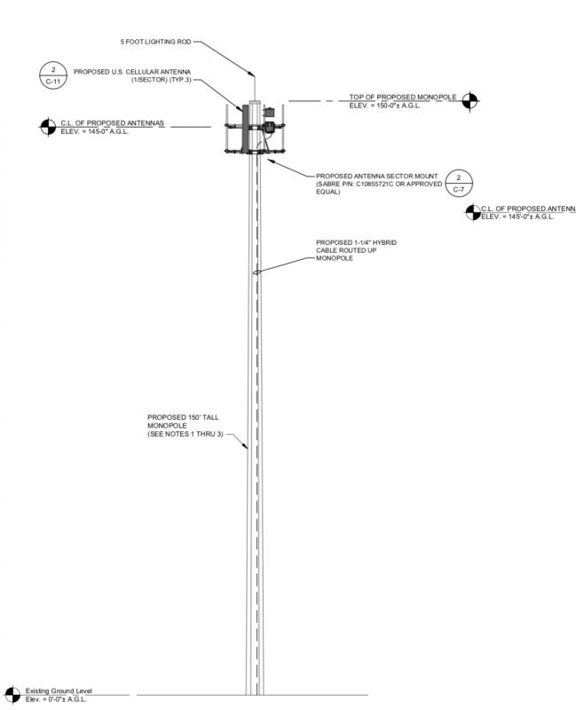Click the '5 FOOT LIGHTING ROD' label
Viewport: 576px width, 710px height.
click(x=155, y=42)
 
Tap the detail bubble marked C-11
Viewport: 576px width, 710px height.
click(x=53, y=75)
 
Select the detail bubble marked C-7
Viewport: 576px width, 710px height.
click(x=459, y=184)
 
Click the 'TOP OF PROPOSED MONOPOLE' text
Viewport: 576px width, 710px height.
click(x=403, y=97)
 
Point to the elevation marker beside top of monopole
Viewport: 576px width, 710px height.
click(x=470, y=101)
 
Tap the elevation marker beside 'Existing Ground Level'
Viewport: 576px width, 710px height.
click(x=12, y=695)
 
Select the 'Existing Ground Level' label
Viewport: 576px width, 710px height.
click(x=59, y=690)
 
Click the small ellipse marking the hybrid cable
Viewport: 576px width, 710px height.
click(x=256, y=272)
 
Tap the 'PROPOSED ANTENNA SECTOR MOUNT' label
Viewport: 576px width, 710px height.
click(x=377, y=176)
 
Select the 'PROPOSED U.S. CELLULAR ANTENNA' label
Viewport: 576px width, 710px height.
click(x=132, y=72)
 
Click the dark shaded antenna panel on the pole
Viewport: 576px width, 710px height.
click(x=246, y=129)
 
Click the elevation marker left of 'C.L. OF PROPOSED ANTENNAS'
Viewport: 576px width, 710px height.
click(x=48, y=127)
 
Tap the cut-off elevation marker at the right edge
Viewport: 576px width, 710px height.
click(x=473, y=212)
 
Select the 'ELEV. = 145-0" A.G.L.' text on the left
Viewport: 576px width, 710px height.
click(x=95, y=131)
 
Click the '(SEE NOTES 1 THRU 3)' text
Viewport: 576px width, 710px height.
click(x=185, y=434)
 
